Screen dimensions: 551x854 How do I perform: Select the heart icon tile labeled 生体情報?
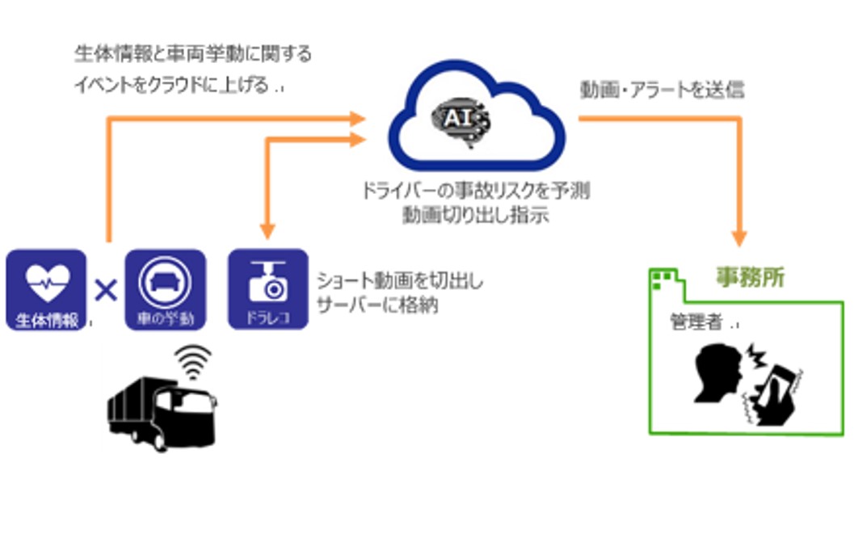[x=46, y=289]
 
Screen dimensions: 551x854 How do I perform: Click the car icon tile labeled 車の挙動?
[x=165, y=289]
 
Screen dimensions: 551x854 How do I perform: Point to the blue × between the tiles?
[x=106, y=289]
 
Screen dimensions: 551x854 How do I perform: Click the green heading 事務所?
[x=750, y=278]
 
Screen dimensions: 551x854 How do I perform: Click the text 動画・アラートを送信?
[x=662, y=90]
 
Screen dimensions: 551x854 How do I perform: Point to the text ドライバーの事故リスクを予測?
[x=476, y=192]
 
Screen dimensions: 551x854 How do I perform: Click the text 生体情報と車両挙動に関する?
[x=192, y=55]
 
